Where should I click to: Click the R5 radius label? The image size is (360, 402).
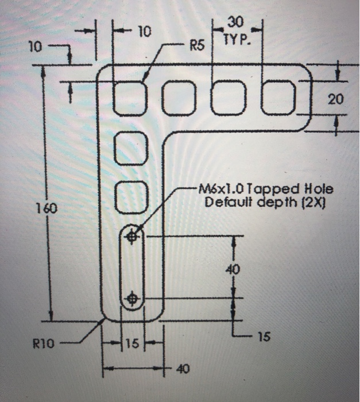coord(197,45)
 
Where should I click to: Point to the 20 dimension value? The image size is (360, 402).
coord(335,100)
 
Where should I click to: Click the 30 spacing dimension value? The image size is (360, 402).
coord(235,22)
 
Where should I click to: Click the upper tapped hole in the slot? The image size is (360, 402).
coord(133,235)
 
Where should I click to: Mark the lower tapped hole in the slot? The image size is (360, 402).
coord(133,298)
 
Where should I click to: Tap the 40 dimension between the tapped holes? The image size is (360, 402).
coord(236,268)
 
